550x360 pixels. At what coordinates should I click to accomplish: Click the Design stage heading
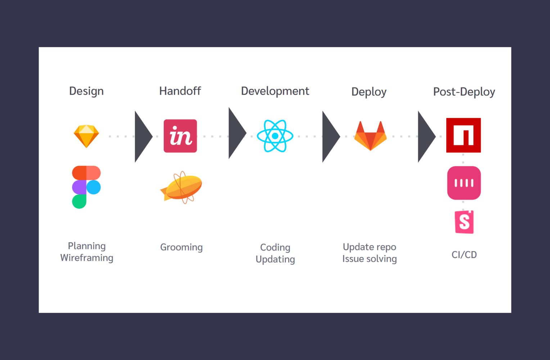coord(86,91)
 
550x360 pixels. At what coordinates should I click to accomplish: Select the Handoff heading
coord(180,91)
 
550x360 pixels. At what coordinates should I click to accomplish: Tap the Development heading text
coord(275,91)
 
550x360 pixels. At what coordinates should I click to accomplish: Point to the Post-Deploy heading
coord(464,92)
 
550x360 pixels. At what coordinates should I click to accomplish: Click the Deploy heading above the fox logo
coord(369,92)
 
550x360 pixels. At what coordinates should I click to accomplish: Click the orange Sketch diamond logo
coord(86,136)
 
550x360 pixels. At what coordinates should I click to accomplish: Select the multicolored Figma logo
coord(86,187)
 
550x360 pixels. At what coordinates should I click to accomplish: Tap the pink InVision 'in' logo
coord(180,136)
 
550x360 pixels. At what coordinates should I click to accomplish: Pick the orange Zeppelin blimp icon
coord(181,187)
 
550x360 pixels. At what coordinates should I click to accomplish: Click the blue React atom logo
coord(275,136)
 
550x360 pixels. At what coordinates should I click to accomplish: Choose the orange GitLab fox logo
coord(370,136)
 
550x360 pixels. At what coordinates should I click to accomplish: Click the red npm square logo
coord(464,135)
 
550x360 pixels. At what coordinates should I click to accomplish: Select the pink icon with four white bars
coord(464,183)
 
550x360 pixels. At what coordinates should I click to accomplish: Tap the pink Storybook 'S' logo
coord(464,222)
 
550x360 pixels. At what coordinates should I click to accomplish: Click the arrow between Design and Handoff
coord(143,136)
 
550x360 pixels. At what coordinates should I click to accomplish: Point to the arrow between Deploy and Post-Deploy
coord(426,136)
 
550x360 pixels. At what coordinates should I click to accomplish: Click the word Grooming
coord(181,247)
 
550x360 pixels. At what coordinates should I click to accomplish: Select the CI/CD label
coord(464,255)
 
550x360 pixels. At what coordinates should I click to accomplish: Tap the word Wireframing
coord(87,258)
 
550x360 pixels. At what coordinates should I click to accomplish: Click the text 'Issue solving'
coord(370,259)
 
